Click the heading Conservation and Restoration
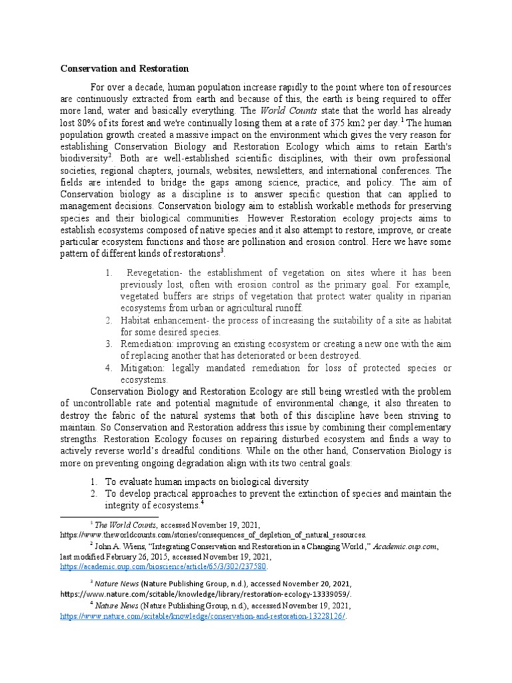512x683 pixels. [125, 69]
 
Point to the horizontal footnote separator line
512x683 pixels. [109, 516]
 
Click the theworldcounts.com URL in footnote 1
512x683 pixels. [213, 535]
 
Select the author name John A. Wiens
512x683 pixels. [121, 546]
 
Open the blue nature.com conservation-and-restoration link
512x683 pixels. [203, 616]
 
